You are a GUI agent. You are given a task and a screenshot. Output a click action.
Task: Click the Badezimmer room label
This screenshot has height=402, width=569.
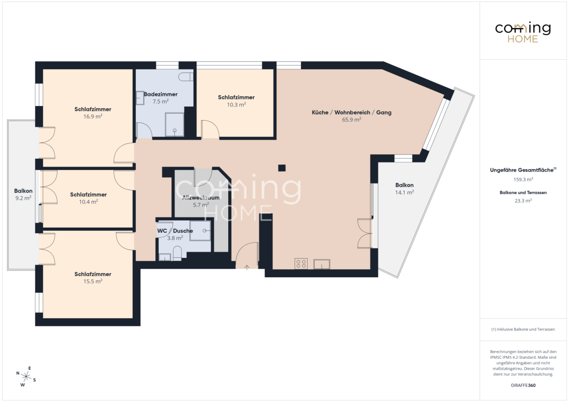pos(160,94)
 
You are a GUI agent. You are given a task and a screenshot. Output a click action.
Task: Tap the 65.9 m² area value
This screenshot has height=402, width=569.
pos(351,120)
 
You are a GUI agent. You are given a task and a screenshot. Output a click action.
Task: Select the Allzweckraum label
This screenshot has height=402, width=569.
pos(201,198)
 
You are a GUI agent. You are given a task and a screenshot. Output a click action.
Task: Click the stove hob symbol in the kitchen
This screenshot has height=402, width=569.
pos(301,264)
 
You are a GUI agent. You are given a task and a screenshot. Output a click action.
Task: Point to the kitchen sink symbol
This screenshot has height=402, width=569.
pos(322,264)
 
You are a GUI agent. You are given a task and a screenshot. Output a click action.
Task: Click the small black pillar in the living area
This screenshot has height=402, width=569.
pos(281,168)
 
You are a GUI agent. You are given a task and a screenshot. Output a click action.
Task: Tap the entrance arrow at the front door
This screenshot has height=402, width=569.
pos(247,267)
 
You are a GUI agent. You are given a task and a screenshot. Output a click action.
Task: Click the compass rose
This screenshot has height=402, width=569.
pos(26,376)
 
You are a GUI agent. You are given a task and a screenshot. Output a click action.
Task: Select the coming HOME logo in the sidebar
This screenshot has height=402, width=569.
pos(523,32)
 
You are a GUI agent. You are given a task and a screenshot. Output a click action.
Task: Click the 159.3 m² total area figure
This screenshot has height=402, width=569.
pos(523,179)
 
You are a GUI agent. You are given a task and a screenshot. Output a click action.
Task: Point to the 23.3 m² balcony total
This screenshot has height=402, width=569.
pos(523,200)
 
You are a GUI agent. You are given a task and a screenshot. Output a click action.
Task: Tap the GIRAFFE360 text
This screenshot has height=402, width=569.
pos(523,385)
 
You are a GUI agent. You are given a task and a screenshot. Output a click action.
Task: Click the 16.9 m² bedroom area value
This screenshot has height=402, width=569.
pos(92,117)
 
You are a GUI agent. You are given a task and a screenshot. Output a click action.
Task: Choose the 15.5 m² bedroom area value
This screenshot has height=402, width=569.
pos(92,281)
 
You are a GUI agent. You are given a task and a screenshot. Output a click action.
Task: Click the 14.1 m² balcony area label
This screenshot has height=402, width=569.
pos(404,192)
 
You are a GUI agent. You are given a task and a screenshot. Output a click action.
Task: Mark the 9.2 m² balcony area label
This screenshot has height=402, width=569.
pos(23,198)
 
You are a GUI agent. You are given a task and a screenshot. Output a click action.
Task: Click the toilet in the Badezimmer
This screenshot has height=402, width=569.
pos(186,76)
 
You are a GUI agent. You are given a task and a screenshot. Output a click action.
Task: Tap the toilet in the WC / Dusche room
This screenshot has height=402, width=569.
pos(177,253)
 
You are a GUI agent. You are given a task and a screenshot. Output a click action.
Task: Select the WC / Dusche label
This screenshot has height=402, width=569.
pos(175,231)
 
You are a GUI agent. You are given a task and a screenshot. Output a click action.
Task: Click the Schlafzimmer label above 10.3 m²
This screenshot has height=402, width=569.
pos(236,97)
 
